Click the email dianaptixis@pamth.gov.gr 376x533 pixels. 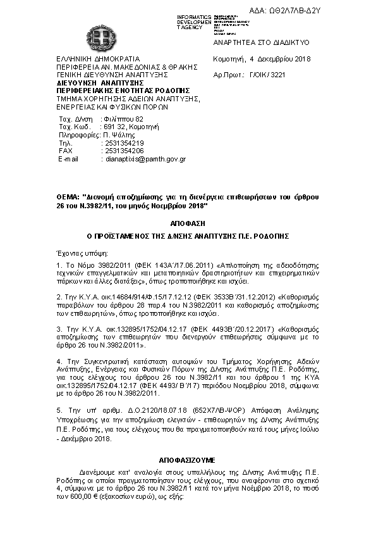pos(145,160)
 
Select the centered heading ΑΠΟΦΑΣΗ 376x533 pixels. pos(188,223)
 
